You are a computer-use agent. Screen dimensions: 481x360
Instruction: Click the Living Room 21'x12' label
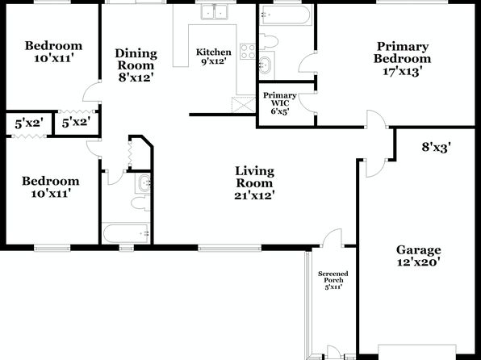(254, 183)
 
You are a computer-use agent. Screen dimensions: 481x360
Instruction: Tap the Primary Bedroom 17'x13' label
(402, 59)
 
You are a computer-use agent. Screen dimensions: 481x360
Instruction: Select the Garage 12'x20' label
(419, 256)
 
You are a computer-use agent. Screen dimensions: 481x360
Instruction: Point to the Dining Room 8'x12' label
(136, 65)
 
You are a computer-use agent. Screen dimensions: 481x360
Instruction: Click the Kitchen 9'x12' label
(214, 57)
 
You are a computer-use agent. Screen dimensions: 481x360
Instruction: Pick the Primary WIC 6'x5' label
(280, 103)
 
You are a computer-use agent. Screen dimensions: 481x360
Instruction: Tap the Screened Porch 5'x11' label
(333, 280)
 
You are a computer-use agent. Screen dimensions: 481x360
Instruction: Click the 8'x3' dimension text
(437, 148)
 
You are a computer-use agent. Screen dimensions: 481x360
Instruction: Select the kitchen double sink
(214, 11)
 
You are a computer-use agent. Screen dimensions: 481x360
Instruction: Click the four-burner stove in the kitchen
(248, 51)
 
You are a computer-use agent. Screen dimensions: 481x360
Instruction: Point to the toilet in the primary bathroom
(269, 41)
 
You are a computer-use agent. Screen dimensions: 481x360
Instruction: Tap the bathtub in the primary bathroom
(286, 15)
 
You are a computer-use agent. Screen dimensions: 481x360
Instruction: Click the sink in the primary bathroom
(265, 65)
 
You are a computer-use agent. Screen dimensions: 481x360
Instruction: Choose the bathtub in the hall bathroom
(126, 233)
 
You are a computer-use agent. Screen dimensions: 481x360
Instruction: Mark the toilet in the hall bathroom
(140, 203)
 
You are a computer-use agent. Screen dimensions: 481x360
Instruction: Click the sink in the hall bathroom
(144, 183)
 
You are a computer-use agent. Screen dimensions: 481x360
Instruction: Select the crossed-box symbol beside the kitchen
(244, 105)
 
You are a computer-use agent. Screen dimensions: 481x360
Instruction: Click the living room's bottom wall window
(229, 248)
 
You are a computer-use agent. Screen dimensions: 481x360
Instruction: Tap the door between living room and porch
(332, 238)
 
